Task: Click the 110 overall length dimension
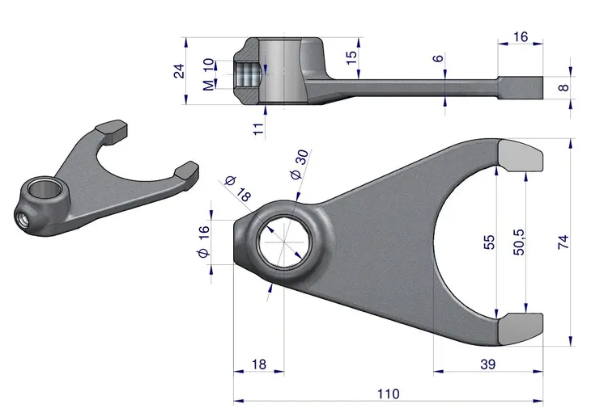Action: coord(388,394)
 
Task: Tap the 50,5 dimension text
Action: coord(519,242)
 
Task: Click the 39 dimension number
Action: coord(487,365)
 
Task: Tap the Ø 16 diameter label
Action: coord(204,242)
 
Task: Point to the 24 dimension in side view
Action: coord(180,71)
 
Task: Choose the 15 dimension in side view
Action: coord(351,58)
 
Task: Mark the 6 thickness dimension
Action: coord(438,59)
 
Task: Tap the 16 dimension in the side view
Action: coord(521,36)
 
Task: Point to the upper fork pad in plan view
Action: coord(517,155)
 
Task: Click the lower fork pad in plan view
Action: coord(517,326)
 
